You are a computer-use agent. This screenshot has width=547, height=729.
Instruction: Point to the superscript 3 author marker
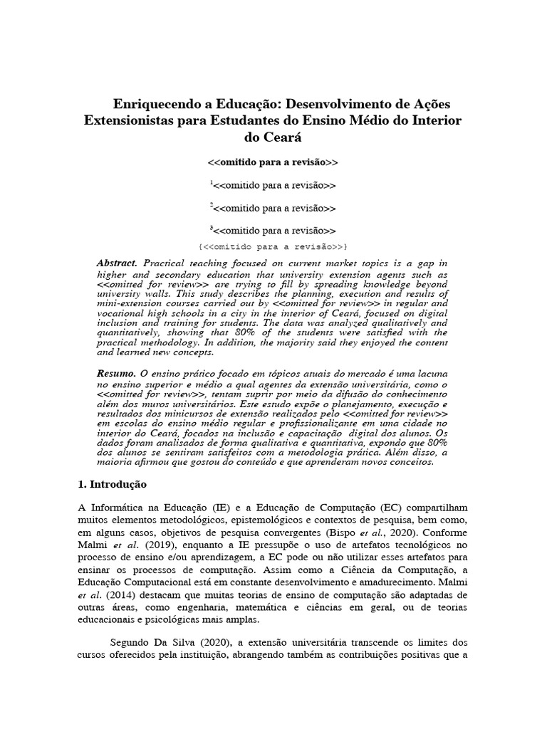coord(211,229)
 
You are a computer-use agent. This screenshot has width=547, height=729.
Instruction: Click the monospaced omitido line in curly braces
coord(273,246)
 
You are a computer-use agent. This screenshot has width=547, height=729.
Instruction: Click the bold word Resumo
coord(115,373)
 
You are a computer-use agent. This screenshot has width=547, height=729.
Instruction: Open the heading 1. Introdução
coord(112,484)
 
